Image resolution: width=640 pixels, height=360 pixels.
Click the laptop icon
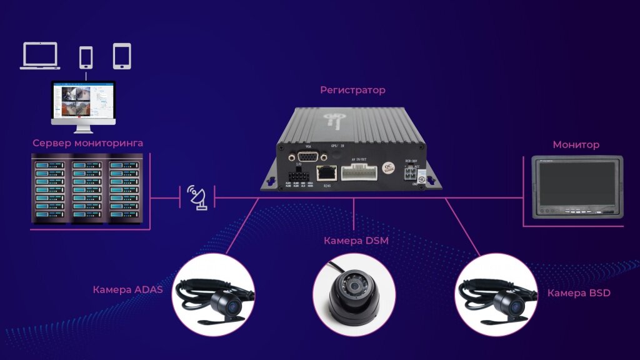pos(40,56)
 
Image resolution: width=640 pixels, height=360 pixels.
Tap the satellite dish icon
pos(198,198)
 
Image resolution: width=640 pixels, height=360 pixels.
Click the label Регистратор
pos(352,90)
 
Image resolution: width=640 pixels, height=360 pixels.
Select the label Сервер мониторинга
pos(87,143)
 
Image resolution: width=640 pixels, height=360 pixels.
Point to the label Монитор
pos(576,145)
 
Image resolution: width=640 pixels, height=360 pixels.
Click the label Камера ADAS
pos(127,289)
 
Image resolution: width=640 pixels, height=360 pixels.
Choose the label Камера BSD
pos(579,293)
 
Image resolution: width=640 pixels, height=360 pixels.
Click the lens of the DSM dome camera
pos(355,287)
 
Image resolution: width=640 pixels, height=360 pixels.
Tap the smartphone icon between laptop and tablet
pos(86,57)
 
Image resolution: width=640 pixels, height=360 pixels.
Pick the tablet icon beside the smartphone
pos(122,56)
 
